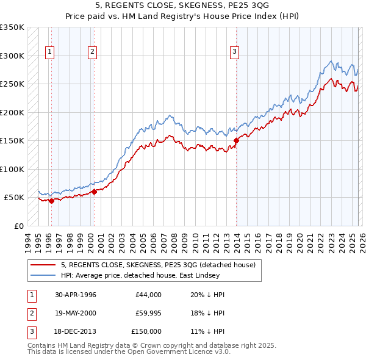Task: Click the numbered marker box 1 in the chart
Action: (49, 52)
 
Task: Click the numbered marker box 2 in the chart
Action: (92, 52)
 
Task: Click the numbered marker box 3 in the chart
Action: (234, 52)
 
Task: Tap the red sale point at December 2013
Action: (236, 140)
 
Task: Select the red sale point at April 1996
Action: (51, 201)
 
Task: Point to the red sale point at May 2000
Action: (94, 192)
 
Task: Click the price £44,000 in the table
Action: (149, 295)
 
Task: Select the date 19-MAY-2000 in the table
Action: (76, 313)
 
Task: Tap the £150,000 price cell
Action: (146, 331)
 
